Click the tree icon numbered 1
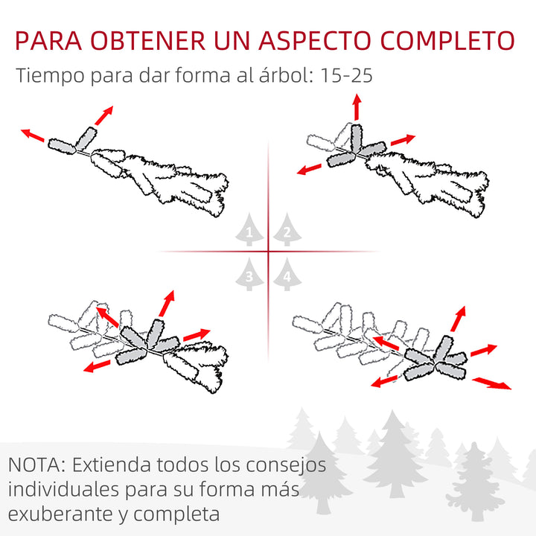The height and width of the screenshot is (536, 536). point(250,233)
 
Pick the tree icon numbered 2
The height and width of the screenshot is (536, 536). point(286,233)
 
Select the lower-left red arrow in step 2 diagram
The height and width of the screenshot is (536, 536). point(309,169)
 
